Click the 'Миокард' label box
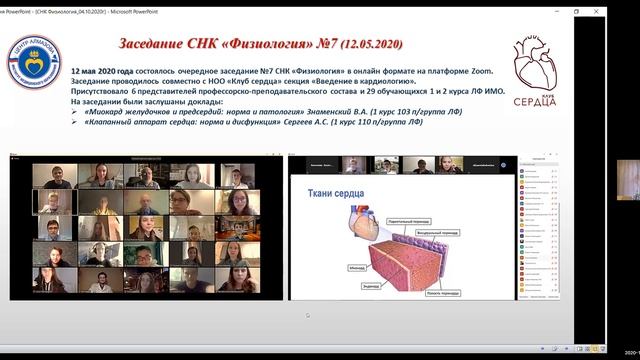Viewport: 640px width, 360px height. click(328, 267)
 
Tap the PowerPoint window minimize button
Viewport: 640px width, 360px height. click(550, 11)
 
